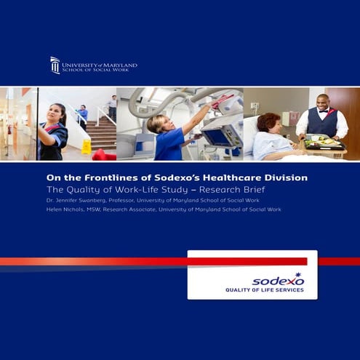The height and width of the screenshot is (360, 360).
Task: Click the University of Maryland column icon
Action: coord(55,65)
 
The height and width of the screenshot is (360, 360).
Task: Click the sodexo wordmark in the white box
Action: coord(278,280)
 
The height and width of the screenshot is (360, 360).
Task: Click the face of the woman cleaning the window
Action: coord(57,115)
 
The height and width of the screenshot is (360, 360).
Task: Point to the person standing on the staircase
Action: coord(112,107)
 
